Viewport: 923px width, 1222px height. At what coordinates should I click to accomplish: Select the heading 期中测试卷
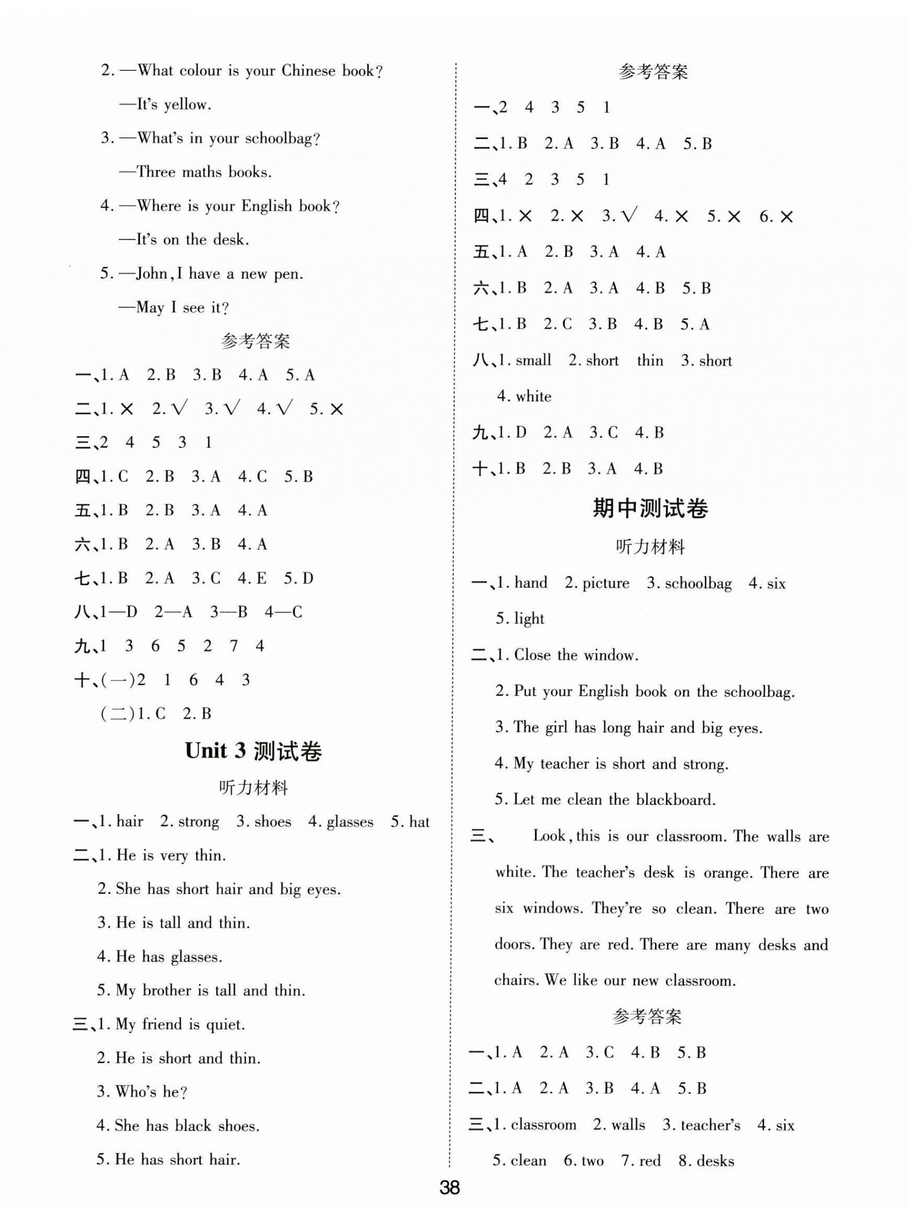[650, 508]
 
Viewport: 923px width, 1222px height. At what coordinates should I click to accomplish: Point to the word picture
[605, 583]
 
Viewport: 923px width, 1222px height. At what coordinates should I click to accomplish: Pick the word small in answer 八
[533, 361]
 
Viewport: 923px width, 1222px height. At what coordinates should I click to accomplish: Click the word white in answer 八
[533, 397]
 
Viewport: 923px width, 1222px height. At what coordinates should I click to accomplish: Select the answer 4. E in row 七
[253, 578]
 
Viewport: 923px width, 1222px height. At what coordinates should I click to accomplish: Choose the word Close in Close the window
[533, 655]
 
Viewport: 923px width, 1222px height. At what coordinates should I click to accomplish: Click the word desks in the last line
[715, 1161]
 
